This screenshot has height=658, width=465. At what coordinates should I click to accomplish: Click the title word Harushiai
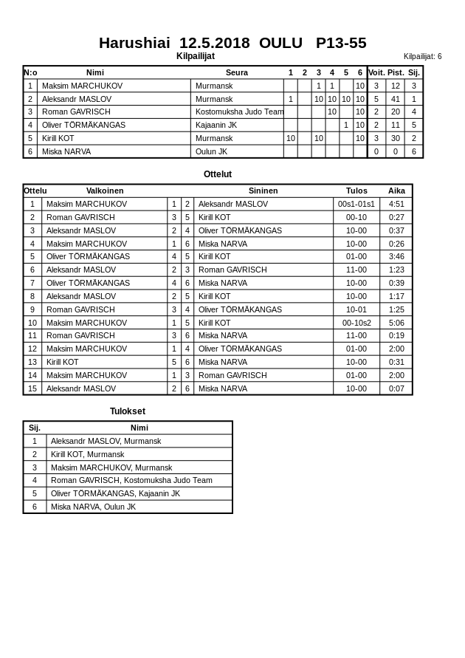tap(134, 43)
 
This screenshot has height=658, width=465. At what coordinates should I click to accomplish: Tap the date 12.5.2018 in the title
tap(214, 43)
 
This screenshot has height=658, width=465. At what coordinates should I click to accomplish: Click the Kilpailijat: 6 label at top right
tap(422, 56)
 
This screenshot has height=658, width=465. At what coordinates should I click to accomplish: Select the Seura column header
tap(236, 72)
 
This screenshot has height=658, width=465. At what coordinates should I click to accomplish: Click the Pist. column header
tap(396, 72)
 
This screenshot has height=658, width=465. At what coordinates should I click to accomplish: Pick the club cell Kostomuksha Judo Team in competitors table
tap(238, 112)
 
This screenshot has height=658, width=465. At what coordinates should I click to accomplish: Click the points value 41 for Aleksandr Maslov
tap(396, 99)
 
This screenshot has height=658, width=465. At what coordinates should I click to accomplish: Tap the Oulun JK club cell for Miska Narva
tap(211, 151)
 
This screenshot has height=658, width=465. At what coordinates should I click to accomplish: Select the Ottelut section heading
tap(218, 174)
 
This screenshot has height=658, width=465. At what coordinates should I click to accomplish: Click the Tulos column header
tap(356, 191)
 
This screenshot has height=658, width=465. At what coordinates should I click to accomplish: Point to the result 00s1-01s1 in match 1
tap(356, 204)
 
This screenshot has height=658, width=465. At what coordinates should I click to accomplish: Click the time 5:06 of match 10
tap(396, 323)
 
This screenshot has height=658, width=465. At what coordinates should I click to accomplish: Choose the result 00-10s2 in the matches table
tap(356, 323)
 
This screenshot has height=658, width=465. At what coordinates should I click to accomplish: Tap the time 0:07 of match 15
tap(396, 388)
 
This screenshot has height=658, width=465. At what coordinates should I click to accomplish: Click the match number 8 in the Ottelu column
tap(32, 296)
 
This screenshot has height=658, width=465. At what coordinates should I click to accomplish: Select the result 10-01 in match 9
tap(356, 309)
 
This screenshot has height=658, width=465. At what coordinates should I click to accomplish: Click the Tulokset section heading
tap(128, 411)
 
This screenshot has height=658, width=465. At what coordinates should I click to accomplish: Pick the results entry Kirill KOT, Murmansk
tap(87, 454)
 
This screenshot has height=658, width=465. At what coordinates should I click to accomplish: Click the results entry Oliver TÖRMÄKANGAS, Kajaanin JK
tap(115, 493)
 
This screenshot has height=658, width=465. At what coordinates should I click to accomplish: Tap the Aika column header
tap(396, 191)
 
